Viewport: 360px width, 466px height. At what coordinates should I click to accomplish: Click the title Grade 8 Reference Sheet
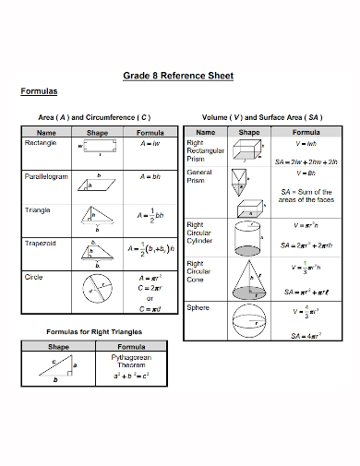178,76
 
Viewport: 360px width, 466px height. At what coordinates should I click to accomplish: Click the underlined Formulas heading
39,91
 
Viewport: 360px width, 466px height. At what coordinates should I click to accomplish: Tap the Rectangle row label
41,144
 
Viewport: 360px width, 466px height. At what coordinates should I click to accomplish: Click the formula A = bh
150,176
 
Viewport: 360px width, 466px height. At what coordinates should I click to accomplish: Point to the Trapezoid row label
41,243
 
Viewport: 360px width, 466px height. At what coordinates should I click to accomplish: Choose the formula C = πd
150,308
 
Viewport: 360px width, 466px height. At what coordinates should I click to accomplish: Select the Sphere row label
198,306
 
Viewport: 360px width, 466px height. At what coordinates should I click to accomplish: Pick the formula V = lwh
306,144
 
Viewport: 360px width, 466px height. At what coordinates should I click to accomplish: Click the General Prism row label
200,176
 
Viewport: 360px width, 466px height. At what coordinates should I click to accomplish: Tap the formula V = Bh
306,173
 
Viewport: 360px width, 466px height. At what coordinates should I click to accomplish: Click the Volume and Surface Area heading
262,117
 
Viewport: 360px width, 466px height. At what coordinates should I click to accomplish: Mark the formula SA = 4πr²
306,335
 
